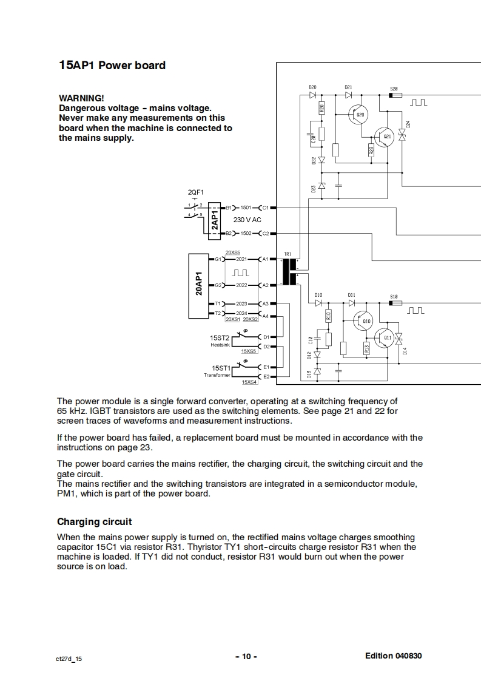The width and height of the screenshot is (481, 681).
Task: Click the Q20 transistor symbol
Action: [360, 115]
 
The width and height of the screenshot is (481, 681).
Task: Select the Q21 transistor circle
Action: [385, 137]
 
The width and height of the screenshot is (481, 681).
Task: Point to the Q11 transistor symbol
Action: [385, 337]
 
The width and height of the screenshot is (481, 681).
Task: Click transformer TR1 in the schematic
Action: [289, 271]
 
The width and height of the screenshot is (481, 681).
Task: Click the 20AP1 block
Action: [199, 283]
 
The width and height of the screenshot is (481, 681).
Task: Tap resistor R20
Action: [321, 108]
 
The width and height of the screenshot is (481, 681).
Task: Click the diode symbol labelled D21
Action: [349, 95]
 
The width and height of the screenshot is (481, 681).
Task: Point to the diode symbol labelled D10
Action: [318, 302]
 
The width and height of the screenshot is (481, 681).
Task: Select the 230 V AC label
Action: [247, 220]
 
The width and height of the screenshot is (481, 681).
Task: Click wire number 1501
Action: [246, 208]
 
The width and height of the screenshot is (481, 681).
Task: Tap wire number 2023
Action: [241, 303]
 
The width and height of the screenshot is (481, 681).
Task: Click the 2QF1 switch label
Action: [196, 192]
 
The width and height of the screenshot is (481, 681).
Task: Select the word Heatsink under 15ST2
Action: [220, 345]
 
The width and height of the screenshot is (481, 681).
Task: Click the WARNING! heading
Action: [81, 98]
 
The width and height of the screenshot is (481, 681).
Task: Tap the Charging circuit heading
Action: [94, 522]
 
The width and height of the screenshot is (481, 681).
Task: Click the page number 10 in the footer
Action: [246, 656]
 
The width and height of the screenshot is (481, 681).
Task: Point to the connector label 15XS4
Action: [249, 382]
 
